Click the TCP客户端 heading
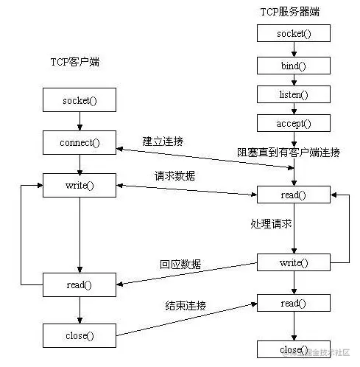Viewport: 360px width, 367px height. pyautogui.click(x=75, y=62)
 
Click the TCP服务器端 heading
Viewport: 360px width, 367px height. pyautogui.click(x=289, y=12)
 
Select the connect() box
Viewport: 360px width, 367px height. pyautogui.click(x=80, y=142)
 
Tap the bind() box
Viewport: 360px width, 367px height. pyautogui.click(x=294, y=66)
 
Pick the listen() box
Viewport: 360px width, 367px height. pyautogui.click(x=294, y=94)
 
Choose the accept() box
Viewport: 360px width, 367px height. pyautogui.click(x=294, y=123)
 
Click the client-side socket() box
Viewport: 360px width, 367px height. pyautogui.click(x=80, y=100)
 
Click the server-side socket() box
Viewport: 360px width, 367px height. pyautogui.click(x=294, y=33)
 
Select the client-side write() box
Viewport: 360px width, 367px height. pyautogui.click(x=80, y=185)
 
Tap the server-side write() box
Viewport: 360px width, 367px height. pyautogui.click(x=294, y=262)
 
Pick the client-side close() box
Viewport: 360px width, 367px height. pyautogui.click(x=80, y=335)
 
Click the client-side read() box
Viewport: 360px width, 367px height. pyautogui.click(x=80, y=284)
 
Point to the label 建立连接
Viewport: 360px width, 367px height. pyautogui.click(x=163, y=141)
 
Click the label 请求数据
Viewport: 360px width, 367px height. pyautogui.click(x=174, y=176)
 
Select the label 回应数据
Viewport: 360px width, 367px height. pyautogui.click(x=180, y=265)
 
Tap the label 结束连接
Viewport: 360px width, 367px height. pyautogui.click(x=186, y=306)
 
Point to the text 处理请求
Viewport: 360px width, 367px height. pyautogui.click(x=271, y=224)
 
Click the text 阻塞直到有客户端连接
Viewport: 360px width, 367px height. pyautogui.click(x=289, y=153)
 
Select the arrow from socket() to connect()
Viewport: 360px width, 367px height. pyautogui.click(x=80, y=121)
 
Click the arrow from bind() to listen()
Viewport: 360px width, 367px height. pyautogui.click(x=294, y=80)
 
